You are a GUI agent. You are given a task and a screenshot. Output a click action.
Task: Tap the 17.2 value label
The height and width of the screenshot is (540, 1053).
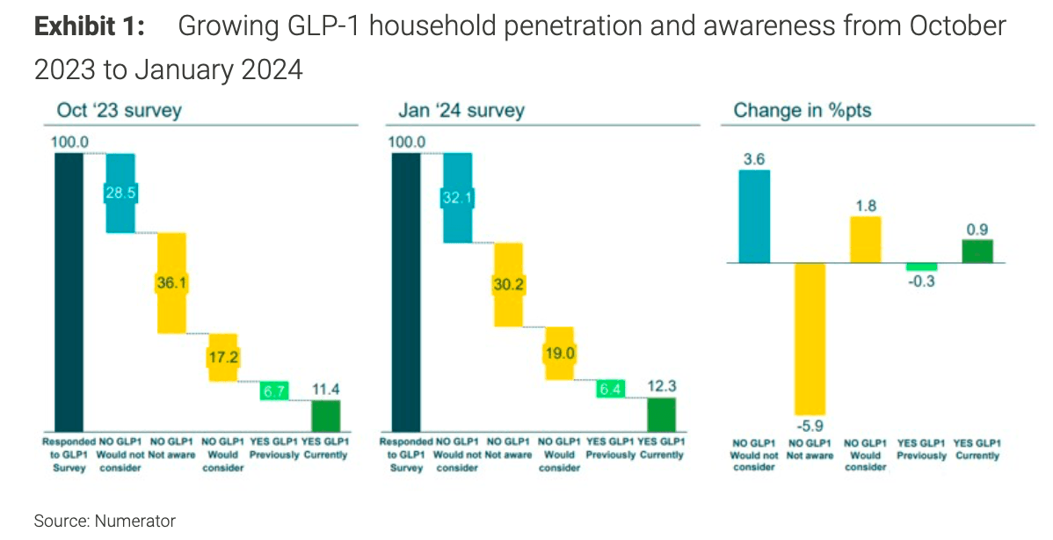[223, 358]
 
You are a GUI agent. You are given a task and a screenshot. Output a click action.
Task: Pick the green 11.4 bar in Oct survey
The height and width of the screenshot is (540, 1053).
[325, 414]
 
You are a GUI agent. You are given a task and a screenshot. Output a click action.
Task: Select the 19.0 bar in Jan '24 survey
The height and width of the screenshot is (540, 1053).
[559, 353]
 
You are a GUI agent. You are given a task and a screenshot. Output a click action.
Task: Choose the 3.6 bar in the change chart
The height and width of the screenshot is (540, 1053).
[754, 216]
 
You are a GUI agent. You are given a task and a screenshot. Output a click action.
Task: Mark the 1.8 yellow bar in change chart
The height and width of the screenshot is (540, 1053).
[866, 239]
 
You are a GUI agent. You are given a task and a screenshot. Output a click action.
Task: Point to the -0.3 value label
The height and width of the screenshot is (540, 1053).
[921, 283]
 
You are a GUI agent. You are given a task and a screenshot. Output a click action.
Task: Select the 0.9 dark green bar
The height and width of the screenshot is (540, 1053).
[977, 251]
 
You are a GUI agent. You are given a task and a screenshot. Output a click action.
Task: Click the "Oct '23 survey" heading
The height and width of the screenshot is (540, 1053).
[119, 110]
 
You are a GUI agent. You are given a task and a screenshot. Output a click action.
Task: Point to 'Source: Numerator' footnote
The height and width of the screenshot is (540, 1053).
[105, 521]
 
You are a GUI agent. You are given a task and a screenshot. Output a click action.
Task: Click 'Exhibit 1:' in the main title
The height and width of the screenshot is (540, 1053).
[89, 26]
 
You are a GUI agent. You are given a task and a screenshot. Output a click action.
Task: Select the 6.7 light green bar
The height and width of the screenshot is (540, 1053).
[274, 390]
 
